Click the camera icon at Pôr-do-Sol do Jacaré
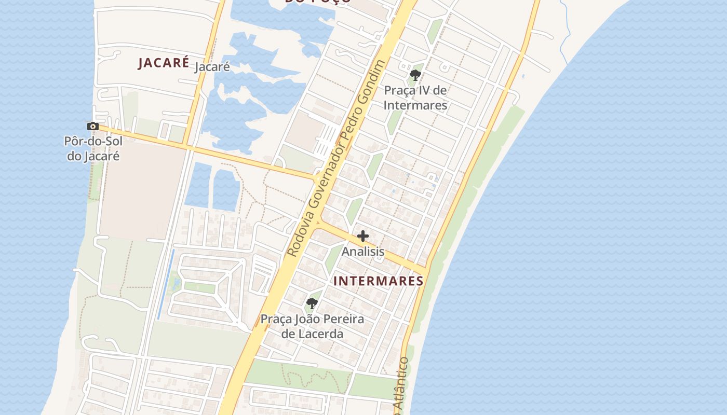coord(93,126)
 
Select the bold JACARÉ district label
coord(164,63)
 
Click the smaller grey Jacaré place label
coord(212,67)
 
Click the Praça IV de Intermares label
coord(415,98)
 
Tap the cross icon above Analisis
coord(363,237)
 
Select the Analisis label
coord(363,252)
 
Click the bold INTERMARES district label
coord(378,281)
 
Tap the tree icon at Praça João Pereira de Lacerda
coord(312,303)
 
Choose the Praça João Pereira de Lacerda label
coord(312,326)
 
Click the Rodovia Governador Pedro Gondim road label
coord(337,159)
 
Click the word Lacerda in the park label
coord(312,334)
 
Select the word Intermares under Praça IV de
coord(415,105)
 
